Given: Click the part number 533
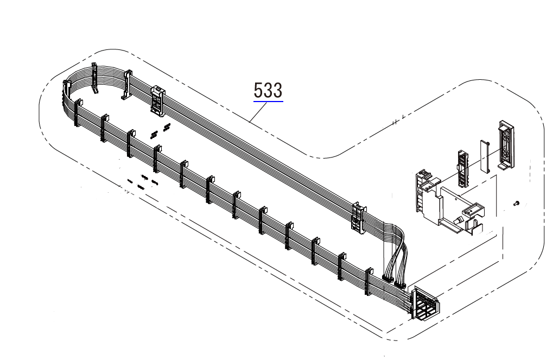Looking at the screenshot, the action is click(x=268, y=90).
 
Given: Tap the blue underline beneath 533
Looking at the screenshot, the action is click(x=268, y=102).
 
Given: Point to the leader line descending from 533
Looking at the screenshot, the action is click(x=258, y=112).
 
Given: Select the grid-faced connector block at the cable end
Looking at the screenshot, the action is click(x=425, y=304).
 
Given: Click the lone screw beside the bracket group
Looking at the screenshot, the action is click(x=516, y=204).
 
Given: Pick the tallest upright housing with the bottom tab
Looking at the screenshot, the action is click(x=506, y=144).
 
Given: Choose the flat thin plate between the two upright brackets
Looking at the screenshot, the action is click(x=485, y=155).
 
